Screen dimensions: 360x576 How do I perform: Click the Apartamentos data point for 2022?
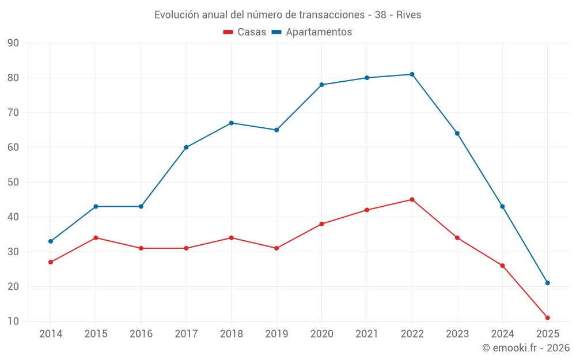coord(412,74)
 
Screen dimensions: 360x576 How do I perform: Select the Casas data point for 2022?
coord(412,200)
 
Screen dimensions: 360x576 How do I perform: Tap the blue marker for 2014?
coord(51,241)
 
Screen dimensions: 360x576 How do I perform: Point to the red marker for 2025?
coord(547,318)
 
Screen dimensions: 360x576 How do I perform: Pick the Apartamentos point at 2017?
coord(186,147)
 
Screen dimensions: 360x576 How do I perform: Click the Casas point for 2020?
coord(321,224)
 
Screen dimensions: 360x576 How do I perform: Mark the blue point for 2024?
coord(502,207)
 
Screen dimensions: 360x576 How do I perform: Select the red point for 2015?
coord(96,238)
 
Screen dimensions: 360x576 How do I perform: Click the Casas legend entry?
coord(245,32)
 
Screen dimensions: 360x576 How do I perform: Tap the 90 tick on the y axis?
coord(13,43)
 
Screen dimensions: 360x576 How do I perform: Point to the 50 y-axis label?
coord(13,183)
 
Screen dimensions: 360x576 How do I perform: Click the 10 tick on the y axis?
coord(13,321)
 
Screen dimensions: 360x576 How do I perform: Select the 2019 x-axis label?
coord(276,334)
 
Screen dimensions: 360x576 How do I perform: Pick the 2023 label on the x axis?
coord(457,334)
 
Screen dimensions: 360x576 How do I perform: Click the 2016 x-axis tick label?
coord(141,334)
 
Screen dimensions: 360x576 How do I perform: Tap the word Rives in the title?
coord(408,15)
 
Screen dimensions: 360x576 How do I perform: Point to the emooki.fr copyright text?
coord(525,348)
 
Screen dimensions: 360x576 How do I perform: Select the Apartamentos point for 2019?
coord(276,130)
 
